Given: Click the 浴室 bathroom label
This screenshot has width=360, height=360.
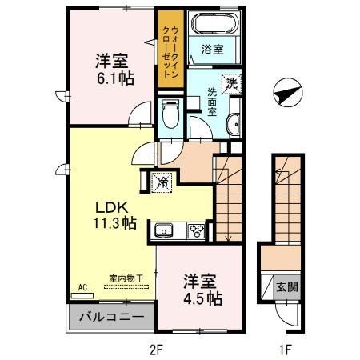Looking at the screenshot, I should [212, 50].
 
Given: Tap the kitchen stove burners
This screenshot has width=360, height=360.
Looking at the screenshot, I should [195, 231].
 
